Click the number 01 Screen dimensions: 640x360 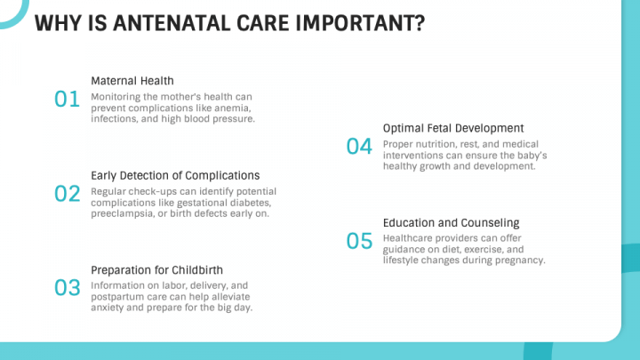coord(67,100)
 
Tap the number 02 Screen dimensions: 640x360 coord(68,194)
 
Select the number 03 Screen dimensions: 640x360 coord(68,288)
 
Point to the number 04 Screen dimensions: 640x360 coord(359,147)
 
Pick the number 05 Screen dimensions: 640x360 coord(359,241)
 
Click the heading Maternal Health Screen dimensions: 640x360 coord(132,81)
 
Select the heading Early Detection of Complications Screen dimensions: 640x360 coord(175,175)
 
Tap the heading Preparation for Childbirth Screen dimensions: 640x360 coord(156,270)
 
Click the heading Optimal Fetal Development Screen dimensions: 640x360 coord(453,128)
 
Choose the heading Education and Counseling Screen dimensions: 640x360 coord(451,223)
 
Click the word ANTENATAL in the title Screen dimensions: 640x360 coord(172,23)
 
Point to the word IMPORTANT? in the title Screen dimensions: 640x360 coord(360,23)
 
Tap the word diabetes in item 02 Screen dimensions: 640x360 coord(250,203)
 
